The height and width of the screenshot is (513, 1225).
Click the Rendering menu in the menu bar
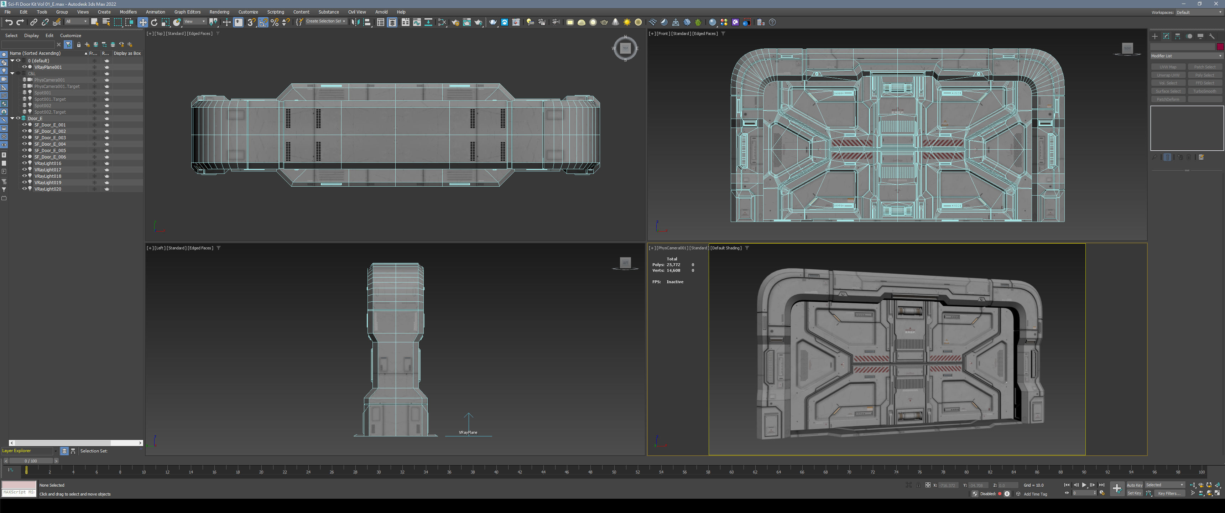(219, 12)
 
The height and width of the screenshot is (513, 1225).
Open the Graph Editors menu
(187, 12)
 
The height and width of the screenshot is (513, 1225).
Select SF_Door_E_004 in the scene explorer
(50, 144)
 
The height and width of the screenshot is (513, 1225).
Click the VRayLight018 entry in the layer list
(48, 176)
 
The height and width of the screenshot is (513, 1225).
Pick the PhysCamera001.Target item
(57, 87)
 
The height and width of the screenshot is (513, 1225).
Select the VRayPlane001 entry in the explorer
(48, 67)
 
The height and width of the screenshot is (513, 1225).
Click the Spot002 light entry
(43, 106)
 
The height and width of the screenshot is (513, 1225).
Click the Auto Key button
(1134, 485)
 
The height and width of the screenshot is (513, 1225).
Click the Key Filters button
(1168, 493)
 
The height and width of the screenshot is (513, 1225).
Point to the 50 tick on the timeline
(614, 472)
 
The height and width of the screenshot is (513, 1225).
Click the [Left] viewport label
(160, 248)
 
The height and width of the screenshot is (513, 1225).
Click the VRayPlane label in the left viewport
(468, 432)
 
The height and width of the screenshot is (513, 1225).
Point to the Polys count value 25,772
(673, 265)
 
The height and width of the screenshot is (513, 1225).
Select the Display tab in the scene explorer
(31, 36)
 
